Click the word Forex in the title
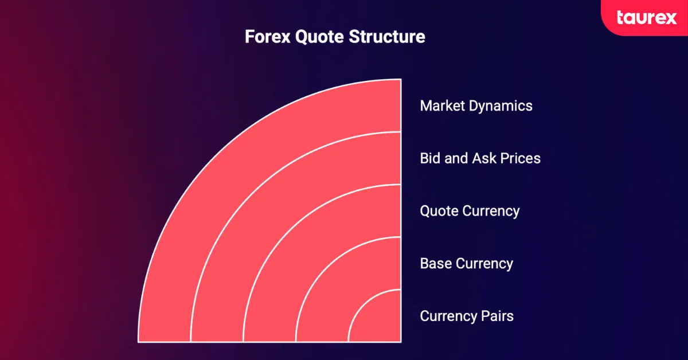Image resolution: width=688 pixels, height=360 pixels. [268, 37]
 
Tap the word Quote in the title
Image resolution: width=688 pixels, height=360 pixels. [319, 37]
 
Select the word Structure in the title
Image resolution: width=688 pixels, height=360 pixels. [387, 37]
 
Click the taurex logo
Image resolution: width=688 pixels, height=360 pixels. [647, 18]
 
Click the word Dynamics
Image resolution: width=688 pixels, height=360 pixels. [501, 106]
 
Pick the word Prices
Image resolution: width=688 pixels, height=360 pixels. [521, 158]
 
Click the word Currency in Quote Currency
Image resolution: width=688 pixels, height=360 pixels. [491, 212]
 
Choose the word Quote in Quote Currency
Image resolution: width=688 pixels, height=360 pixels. [439, 211]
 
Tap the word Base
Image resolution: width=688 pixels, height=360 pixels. [436, 264]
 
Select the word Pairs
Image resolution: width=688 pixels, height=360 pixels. [497, 316]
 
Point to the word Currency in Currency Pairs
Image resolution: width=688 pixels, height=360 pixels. [448, 316]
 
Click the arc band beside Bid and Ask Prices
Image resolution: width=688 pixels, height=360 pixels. [267, 209]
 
